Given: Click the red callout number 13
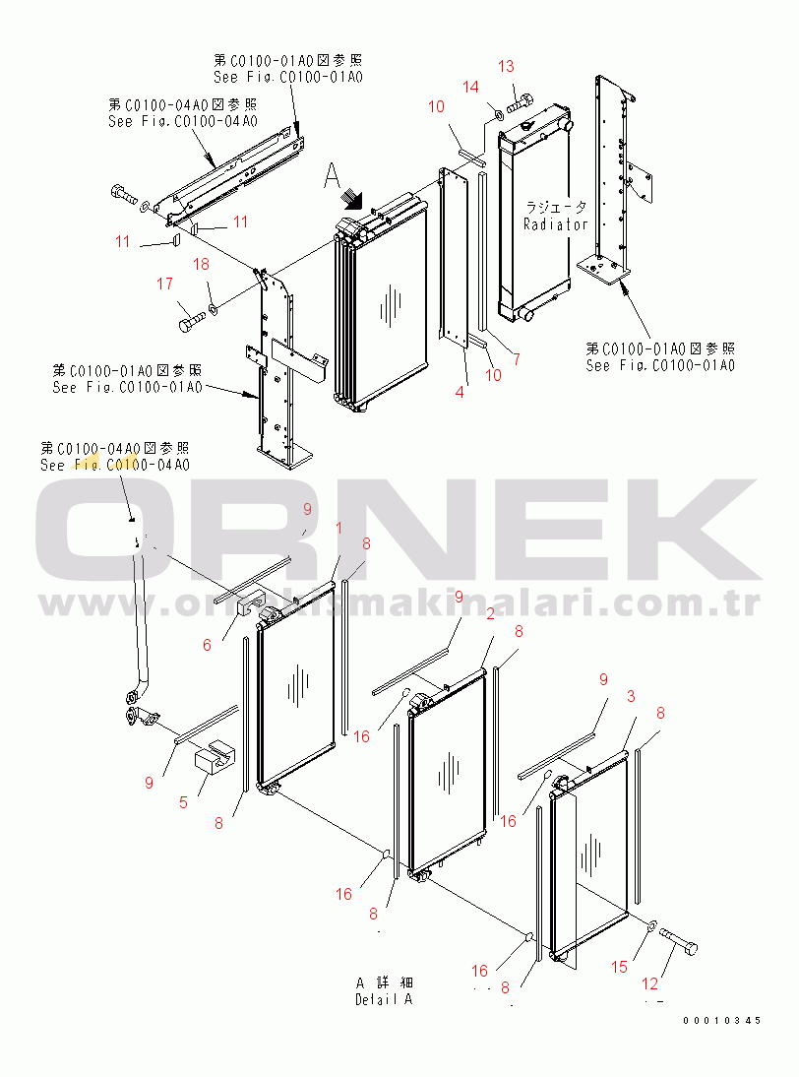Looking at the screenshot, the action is point(506,67).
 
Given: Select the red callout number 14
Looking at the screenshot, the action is point(471,87).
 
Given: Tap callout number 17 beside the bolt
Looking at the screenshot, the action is point(164,285).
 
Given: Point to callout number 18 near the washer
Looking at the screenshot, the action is point(201,264).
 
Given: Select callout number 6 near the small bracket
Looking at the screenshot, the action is point(208,644).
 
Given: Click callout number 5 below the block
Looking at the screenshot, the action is point(183,801).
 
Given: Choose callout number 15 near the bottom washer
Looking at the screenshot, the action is point(619,967).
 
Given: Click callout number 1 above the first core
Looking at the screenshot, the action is point(339,529).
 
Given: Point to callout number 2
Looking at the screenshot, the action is point(490,614).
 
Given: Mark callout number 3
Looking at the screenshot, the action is point(632,696).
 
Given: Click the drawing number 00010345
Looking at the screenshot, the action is point(722,1021).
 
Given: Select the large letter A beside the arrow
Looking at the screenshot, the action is point(333,177).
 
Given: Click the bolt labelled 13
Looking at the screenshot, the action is point(522,99).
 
